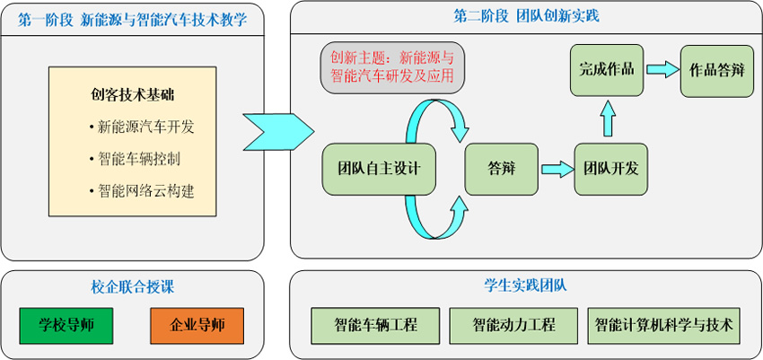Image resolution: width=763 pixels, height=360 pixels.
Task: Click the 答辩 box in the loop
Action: tap(502, 168)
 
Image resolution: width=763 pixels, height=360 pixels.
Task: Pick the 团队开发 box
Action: tap(610, 168)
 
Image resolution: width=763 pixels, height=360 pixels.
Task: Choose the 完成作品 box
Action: tap(607, 69)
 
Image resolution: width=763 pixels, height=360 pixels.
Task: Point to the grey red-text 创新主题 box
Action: tap(392, 66)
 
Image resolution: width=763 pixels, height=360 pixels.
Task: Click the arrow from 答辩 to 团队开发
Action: tap(557, 168)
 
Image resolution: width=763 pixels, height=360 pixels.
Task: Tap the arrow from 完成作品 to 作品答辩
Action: tap(661, 69)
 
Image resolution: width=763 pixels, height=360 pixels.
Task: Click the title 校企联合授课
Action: tap(132, 287)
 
